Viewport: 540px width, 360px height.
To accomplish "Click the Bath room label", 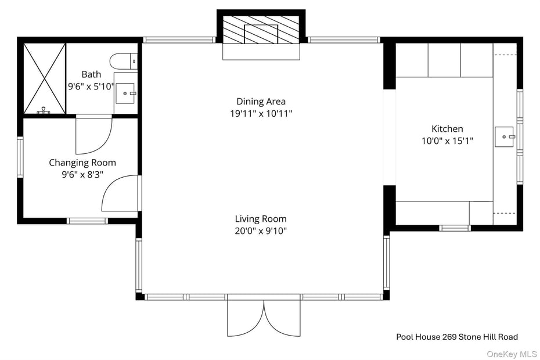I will [x=91, y=74].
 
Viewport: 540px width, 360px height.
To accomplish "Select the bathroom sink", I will [x=125, y=92].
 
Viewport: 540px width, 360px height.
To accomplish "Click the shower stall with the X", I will [x=44, y=78].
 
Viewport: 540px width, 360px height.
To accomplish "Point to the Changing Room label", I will [x=82, y=163].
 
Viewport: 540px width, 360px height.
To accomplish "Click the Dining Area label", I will [x=261, y=102].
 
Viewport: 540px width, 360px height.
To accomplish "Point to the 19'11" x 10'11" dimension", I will [x=261, y=114].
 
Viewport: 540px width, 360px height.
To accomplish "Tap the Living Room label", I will [x=261, y=219].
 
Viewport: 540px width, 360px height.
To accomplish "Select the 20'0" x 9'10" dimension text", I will [x=261, y=231].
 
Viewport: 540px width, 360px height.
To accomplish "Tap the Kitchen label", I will [x=447, y=129].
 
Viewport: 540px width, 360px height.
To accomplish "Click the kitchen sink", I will [x=504, y=137].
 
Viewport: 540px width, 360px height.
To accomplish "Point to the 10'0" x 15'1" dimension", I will [x=447, y=141].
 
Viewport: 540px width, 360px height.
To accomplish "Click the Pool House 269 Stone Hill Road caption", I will [x=457, y=337].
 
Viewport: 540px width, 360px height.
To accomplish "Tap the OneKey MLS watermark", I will [x=512, y=354].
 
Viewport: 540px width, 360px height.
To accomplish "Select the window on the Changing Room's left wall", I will [x=20, y=157].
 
